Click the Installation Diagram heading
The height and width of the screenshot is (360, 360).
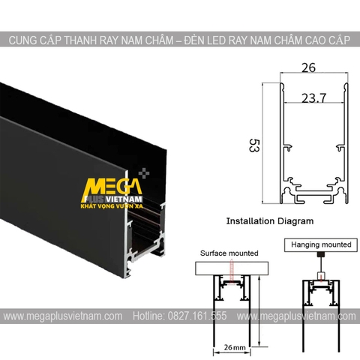(268, 221)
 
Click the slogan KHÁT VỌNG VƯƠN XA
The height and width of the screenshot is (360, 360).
(112, 203)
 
